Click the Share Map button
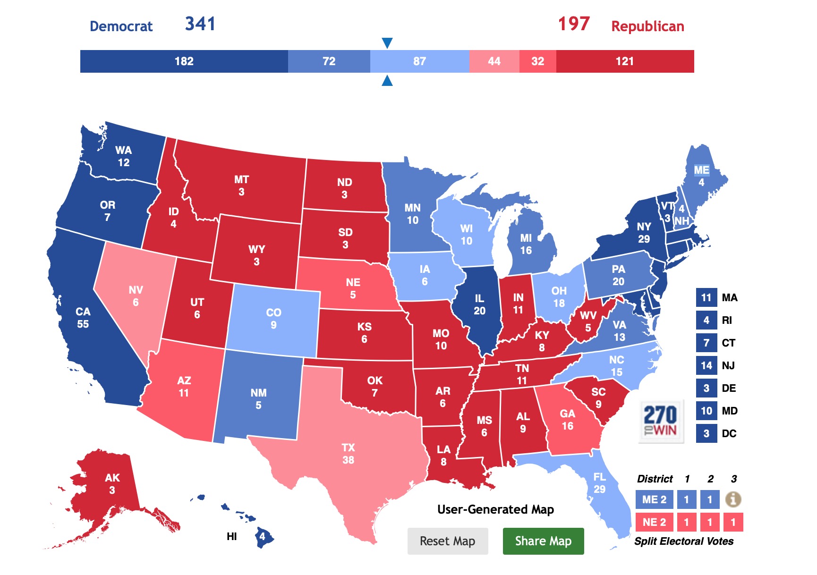coord(543,541)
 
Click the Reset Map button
coord(447,541)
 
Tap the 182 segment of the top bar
coord(184,61)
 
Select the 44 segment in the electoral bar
coord(494,61)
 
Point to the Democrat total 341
coord(200,24)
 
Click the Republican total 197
coord(574,24)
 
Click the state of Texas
coord(348,453)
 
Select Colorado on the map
coord(273,319)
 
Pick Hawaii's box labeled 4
coord(262,537)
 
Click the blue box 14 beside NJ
coord(706,365)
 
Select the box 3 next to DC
coord(706,433)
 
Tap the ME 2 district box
coord(654,499)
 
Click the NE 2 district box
coord(654,522)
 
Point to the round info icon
coord(733,499)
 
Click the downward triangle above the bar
coord(387,43)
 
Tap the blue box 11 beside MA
coord(706,297)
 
